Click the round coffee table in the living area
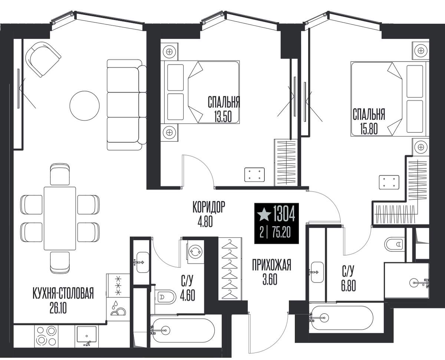(x=85, y=106)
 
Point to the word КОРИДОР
(x=209, y=207)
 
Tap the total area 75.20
(x=281, y=232)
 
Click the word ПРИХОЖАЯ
(x=271, y=265)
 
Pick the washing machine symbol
(x=195, y=252)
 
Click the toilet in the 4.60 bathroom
(x=165, y=297)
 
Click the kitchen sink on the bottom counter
(x=87, y=335)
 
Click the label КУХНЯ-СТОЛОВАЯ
(x=63, y=293)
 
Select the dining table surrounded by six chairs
(x=60, y=218)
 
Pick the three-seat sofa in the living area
(x=126, y=105)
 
